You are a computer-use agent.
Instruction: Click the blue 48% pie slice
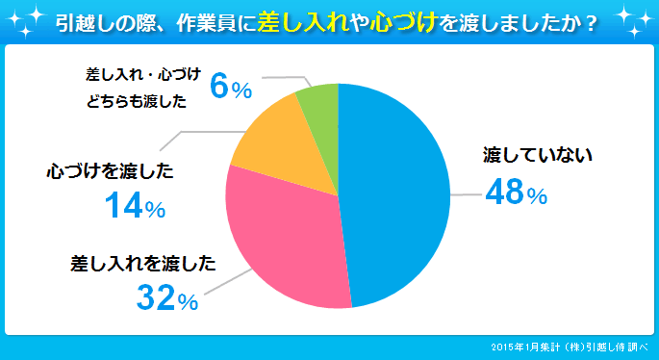(394, 193)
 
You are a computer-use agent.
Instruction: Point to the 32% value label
(166, 299)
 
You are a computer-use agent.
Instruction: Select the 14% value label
(134, 206)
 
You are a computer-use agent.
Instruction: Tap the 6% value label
(230, 89)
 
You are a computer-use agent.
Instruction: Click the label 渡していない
(528, 154)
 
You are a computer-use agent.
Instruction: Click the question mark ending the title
(586, 22)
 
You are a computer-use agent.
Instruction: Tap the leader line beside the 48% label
(466, 194)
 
